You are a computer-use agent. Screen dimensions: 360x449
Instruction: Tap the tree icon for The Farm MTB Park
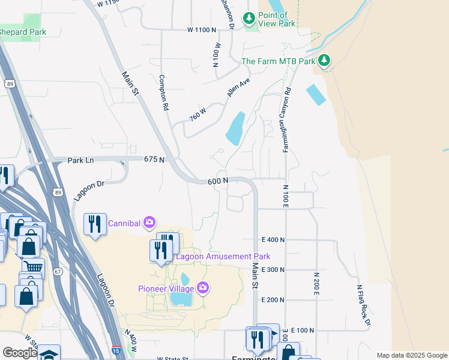point(324,61)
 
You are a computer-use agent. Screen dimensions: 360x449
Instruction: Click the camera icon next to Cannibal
point(149,224)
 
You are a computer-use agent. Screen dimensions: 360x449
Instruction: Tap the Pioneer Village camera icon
point(203,289)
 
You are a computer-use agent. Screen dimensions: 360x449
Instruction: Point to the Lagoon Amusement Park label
point(223,257)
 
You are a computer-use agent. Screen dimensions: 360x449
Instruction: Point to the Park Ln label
point(81,160)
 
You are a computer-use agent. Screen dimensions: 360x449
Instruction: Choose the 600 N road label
point(218,181)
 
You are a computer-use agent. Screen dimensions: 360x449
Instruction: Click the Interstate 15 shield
point(115,350)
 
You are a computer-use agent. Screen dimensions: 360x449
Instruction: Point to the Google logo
point(20,353)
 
